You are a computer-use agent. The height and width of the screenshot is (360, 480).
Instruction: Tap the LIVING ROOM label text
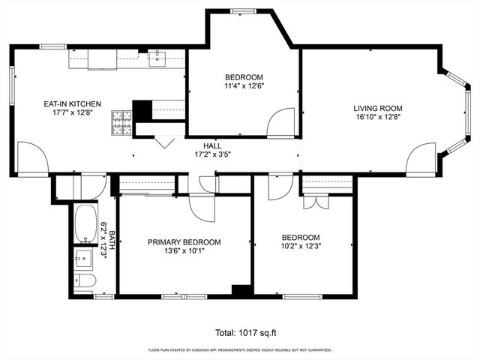coord(378,107)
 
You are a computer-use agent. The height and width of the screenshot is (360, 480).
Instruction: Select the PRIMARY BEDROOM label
coord(184,241)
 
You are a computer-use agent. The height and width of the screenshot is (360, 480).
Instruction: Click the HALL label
coord(212,145)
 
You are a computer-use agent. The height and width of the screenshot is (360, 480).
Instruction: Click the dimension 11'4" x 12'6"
coord(244,86)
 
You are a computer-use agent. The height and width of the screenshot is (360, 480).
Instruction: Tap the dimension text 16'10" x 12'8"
coord(378,117)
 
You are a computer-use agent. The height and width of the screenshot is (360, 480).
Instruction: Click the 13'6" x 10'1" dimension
coord(184,251)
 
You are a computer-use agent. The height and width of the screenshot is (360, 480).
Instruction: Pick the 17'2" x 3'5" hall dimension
coord(212,155)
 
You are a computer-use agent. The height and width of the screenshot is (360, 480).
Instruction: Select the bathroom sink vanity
coord(83,258)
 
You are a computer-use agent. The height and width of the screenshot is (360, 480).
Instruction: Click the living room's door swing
coord(420,160)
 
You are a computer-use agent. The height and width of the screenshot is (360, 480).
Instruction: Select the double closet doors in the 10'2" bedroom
coord(315,202)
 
